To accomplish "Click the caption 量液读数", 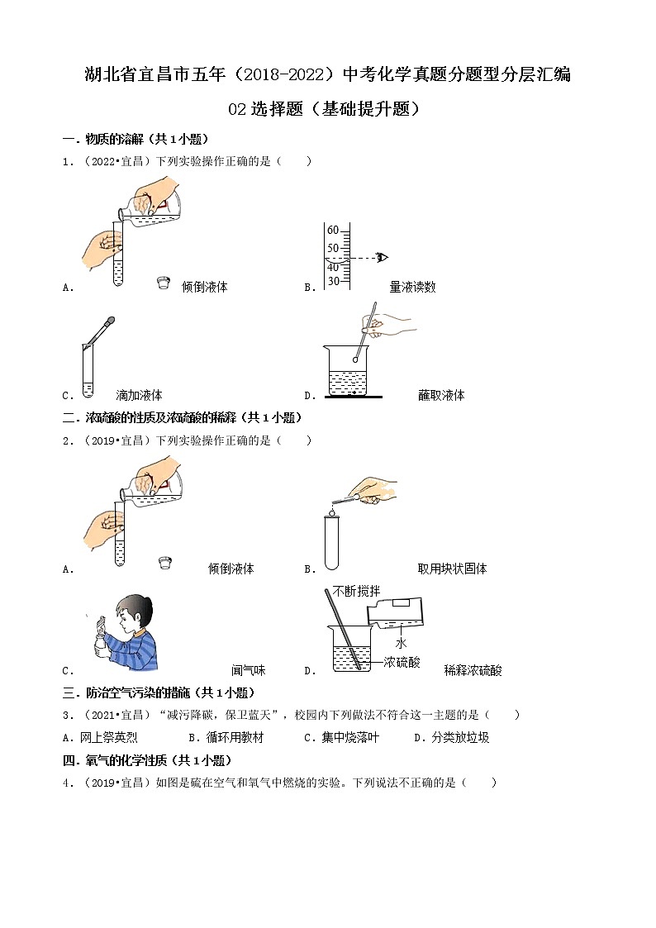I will pos(412,288).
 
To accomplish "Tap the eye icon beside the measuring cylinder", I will pos(381,257).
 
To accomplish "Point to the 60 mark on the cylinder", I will pos(332,230).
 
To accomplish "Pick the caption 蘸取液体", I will pos(441,395).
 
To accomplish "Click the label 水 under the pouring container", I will pos(399,642).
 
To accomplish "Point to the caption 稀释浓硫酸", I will pos(473,670).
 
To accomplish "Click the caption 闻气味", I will pos(248,670).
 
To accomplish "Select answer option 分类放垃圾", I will pos(459,738).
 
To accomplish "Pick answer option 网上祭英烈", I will pos(102,738).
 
